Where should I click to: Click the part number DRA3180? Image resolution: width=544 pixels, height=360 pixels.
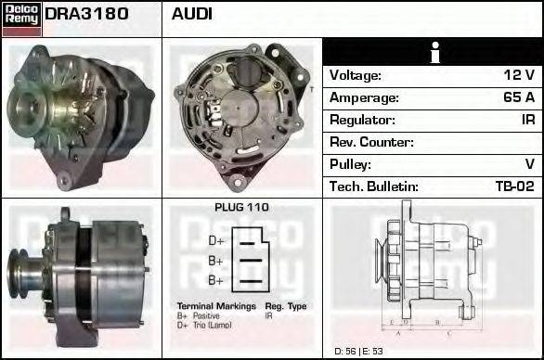pos(86,15)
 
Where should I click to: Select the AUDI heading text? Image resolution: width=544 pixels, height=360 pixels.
pos(192,15)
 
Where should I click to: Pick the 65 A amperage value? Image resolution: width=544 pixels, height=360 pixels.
pos(517,98)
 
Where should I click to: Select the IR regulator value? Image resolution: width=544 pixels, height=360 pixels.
pos(527,121)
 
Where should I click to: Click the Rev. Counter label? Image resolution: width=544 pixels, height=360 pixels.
pos(371,143)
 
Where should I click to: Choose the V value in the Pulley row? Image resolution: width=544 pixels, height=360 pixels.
pos(529,165)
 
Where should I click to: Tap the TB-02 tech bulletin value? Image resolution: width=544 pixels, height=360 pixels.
pos(514,187)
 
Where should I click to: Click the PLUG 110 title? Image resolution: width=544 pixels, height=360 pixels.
pos(241,208)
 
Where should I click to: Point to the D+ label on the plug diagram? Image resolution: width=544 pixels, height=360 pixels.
pos(215,239)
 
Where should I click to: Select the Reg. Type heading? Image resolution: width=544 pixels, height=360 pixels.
pos(285,306)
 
